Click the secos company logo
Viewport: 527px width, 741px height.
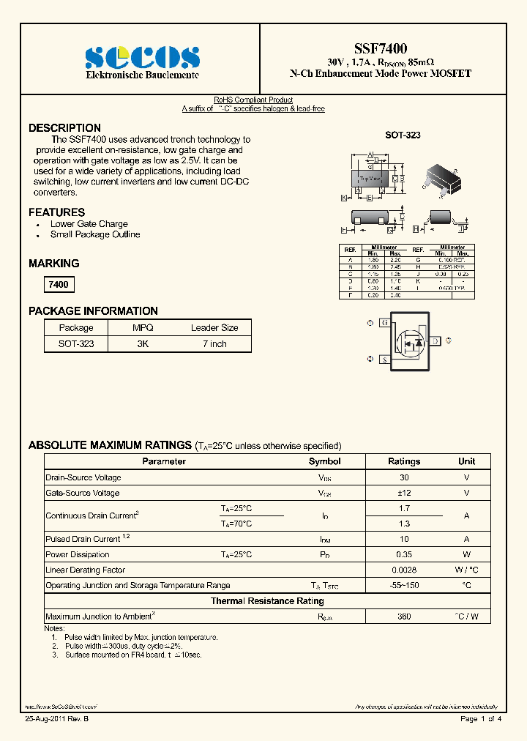click(141, 57)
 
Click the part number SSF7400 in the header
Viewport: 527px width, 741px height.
click(380, 48)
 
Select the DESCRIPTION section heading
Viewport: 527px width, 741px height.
click(64, 128)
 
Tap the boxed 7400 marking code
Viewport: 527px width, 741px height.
click(59, 285)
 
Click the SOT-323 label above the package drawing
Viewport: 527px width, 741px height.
click(403, 135)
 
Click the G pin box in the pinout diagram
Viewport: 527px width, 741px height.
click(384, 323)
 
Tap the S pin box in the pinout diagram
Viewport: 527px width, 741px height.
click(384, 360)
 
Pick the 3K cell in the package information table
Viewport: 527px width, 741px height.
click(143, 343)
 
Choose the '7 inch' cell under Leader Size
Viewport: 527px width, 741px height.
click(214, 343)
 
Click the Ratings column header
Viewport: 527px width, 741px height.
click(404, 461)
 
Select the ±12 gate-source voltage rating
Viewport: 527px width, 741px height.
click(404, 493)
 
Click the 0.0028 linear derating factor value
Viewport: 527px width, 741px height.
click(404, 570)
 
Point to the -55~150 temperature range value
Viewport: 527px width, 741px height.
click(404, 585)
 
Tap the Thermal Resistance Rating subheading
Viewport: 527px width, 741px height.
click(267, 600)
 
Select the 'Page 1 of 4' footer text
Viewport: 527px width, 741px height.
click(480, 719)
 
